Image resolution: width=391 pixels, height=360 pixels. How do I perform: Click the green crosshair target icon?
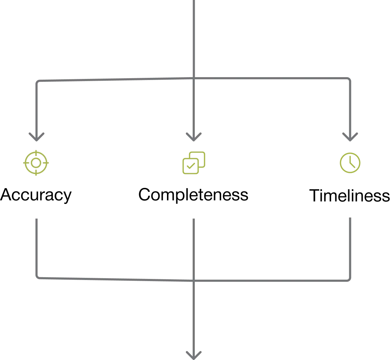(36, 163)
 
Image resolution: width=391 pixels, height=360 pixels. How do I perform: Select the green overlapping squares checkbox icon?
(193, 163)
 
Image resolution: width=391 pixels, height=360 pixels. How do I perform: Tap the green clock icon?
(351, 163)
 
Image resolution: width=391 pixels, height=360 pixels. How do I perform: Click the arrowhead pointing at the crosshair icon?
(37, 136)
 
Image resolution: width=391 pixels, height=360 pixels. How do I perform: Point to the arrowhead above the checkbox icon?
(194, 136)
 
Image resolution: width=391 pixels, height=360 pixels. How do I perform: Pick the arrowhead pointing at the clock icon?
(351, 136)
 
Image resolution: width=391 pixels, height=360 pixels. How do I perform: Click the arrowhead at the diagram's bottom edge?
(194, 354)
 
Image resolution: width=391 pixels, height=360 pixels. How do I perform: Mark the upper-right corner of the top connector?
(351, 80)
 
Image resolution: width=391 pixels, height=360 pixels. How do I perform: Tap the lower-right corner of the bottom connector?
(351, 279)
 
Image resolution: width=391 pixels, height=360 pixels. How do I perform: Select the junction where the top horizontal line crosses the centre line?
(194, 79)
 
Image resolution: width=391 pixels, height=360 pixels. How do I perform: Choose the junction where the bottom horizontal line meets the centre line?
(194, 280)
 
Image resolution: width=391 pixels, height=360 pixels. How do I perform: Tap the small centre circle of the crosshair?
(36, 163)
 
